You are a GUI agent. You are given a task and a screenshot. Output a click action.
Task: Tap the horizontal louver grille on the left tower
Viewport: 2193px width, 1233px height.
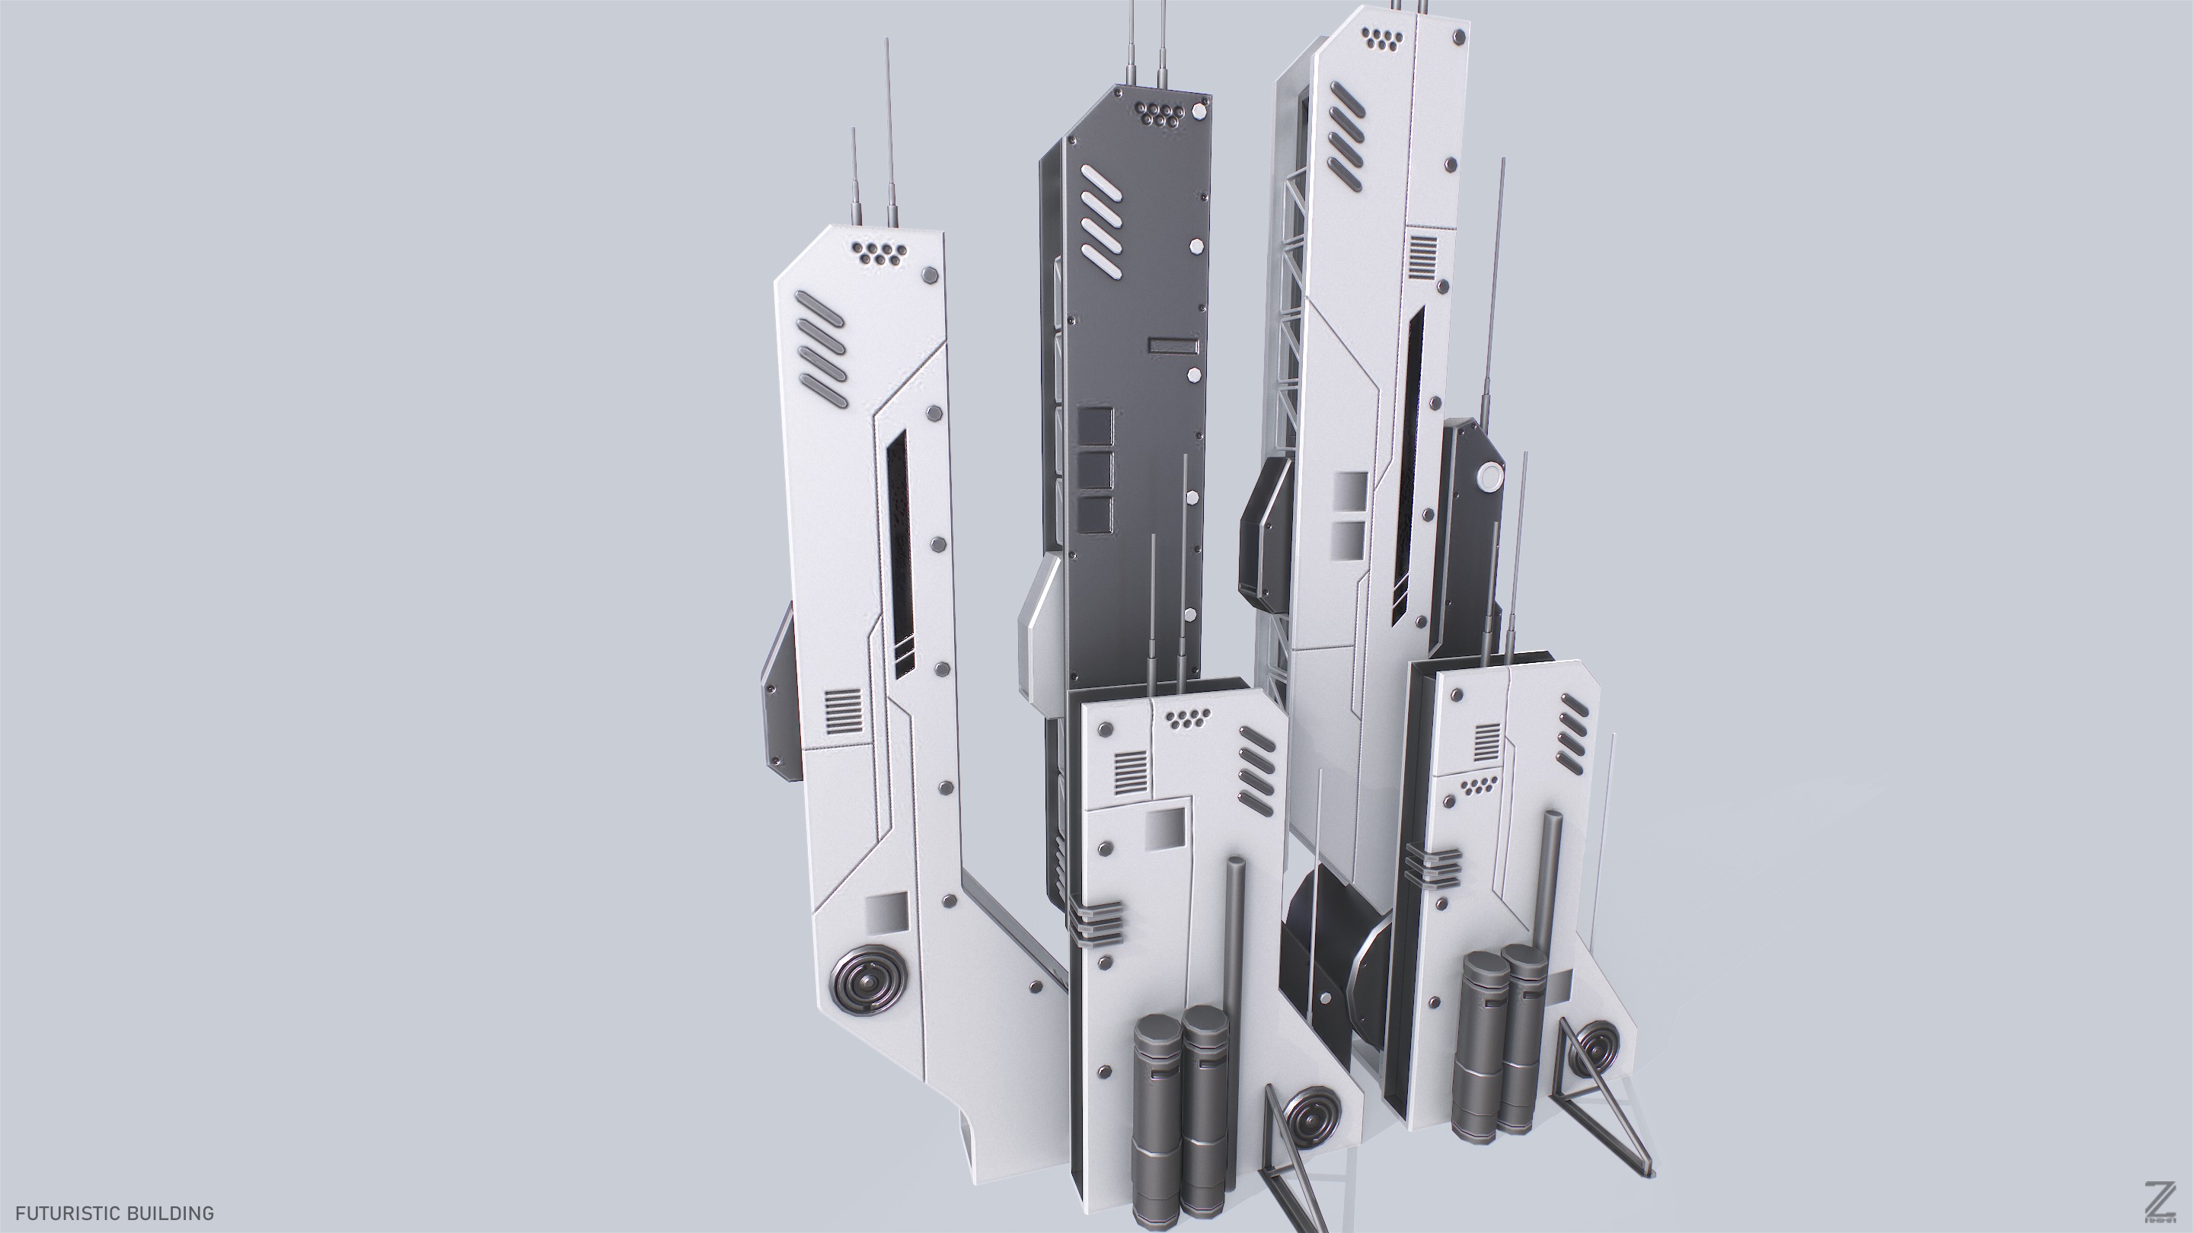[843, 712]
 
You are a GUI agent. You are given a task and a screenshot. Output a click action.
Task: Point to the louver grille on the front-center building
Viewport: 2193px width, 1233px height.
[1132, 772]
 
